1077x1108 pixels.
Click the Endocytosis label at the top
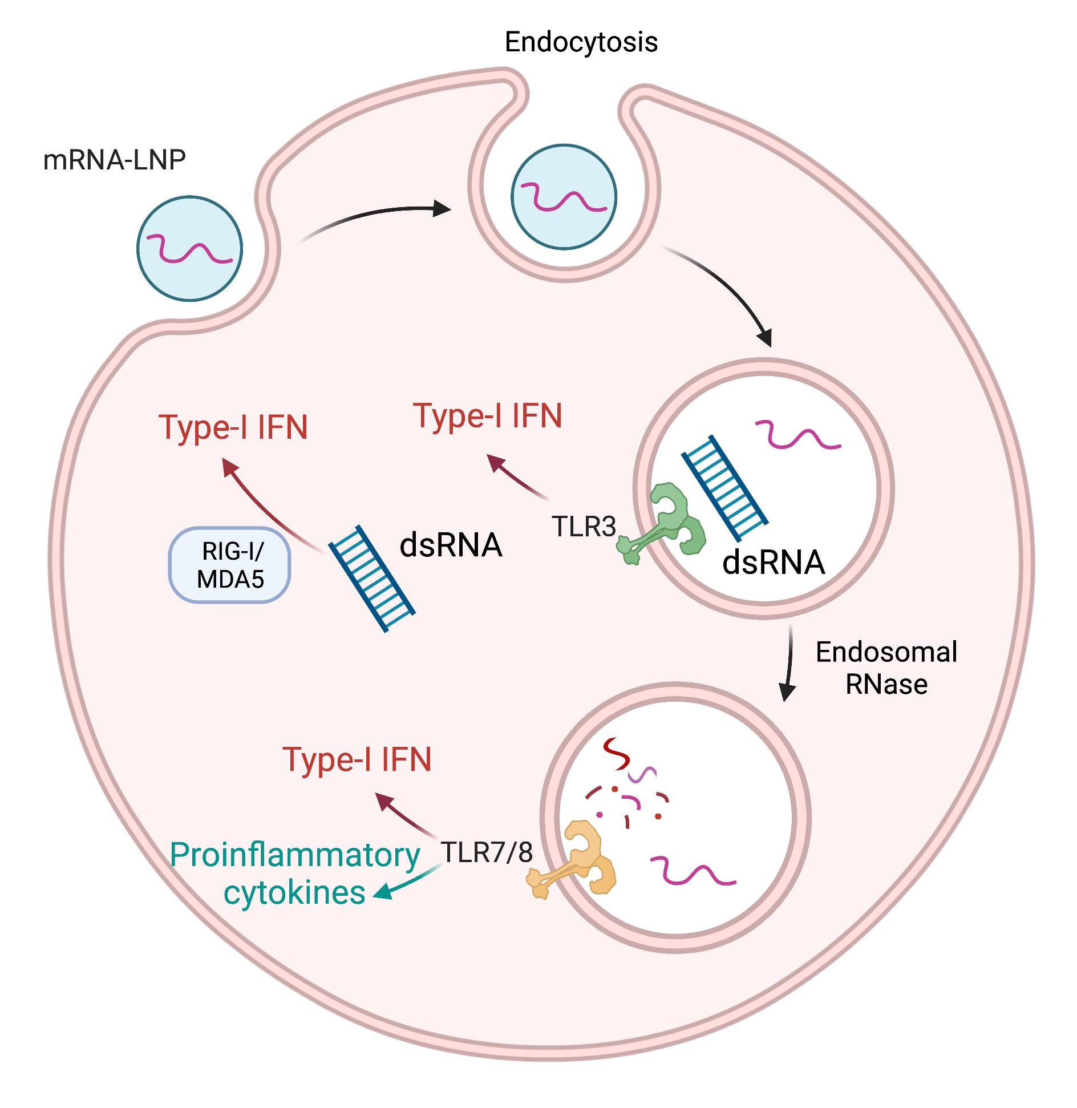coord(581,42)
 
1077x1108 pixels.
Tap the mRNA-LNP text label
coord(114,160)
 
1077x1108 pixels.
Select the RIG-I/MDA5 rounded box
coord(230,565)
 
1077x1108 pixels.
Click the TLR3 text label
coord(584,526)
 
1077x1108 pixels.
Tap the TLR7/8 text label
coord(487,852)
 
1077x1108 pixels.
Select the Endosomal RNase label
coord(886,668)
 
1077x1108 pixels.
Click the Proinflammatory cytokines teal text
coord(295,873)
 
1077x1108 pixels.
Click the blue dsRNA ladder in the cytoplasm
coord(372,578)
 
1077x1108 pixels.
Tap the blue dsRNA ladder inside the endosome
coord(724,488)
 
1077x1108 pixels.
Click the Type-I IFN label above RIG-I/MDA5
coord(233,427)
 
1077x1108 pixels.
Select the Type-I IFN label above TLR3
coord(488,415)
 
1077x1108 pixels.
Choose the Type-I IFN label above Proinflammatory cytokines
coord(357,760)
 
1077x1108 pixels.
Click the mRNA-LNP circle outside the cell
coord(190,249)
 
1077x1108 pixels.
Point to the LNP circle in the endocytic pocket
coord(564,197)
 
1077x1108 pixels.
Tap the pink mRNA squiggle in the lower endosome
coord(693,871)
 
